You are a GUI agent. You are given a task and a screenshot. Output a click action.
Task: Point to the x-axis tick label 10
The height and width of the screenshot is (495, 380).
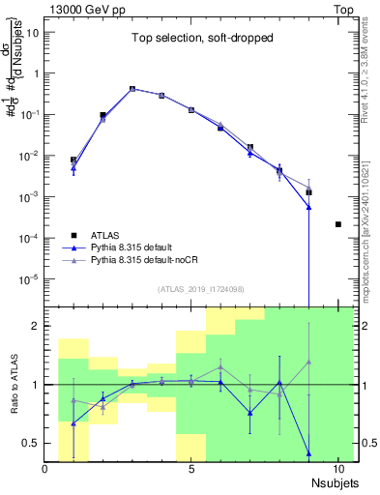click(x=337, y=469)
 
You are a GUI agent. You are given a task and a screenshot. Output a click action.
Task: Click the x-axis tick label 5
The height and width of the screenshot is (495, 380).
click(x=191, y=469)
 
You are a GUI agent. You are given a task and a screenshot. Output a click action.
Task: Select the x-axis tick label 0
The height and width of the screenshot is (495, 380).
click(x=45, y=469)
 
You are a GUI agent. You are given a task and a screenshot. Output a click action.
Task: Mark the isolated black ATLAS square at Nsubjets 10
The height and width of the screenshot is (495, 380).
click(x=337, y=224)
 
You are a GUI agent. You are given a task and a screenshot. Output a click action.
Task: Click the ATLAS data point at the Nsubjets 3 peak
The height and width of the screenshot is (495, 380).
click(x=132, y=89)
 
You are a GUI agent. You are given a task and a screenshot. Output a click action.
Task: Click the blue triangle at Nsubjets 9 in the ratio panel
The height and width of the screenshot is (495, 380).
click(x=308, y=452)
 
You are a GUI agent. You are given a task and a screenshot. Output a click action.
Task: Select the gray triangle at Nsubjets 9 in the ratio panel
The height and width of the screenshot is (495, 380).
click(x=308, y=362)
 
